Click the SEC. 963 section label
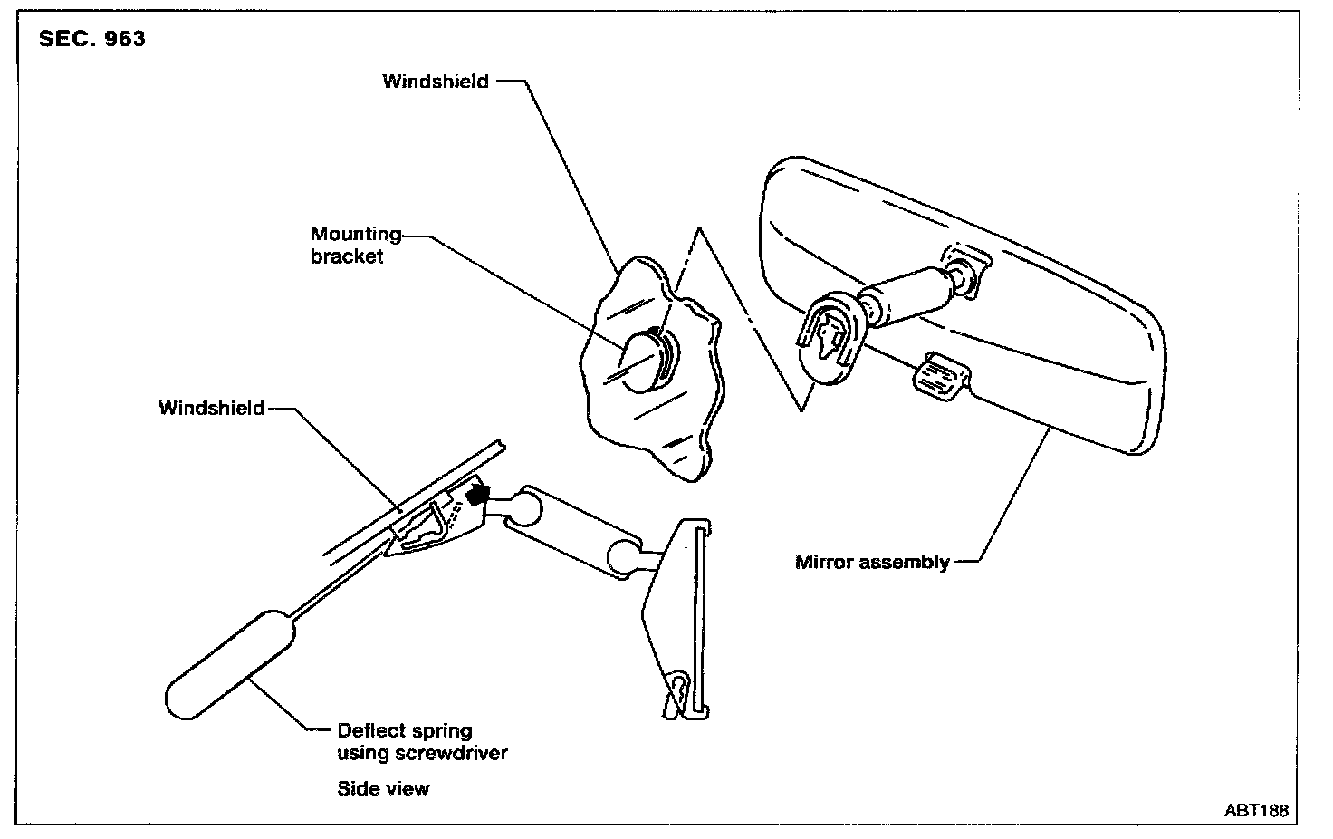(91, 40)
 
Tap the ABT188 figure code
(1256, 811)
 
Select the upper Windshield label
(436, 82)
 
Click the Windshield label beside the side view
(212, 409)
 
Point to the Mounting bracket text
(355, 246)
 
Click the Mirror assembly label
(872, 562)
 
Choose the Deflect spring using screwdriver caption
(422, 742)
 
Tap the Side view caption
(383, 788)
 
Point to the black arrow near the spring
(477, 495)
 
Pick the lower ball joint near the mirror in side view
(626, 556)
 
